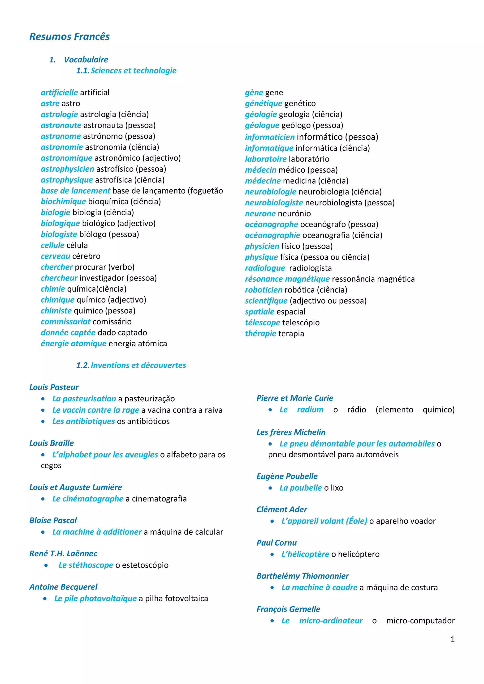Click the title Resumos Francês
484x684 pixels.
(x=69, y=36)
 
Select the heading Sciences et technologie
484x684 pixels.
(x=133, y=71)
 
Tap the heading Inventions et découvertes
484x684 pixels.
(x=138, y=365)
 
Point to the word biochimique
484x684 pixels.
(x=63, y=202)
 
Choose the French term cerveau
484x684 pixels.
(x=56, y=256)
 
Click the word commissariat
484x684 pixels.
(x=66, y=322)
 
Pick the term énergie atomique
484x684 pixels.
(x=73, y=344)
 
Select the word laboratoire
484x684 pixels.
(x=265, y=159)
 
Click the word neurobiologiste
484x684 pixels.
(x=274, y=203)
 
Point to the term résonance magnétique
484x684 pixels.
(x=287, y=279)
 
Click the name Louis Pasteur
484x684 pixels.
(x=54, y=387)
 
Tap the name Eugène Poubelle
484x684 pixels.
(x=287, y=476)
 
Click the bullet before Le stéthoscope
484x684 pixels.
(x=46, y=565)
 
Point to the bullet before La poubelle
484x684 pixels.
(x=270, y=488)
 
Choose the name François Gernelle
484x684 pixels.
(x=288, y=609)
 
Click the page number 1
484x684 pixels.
(x=452, y=639)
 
